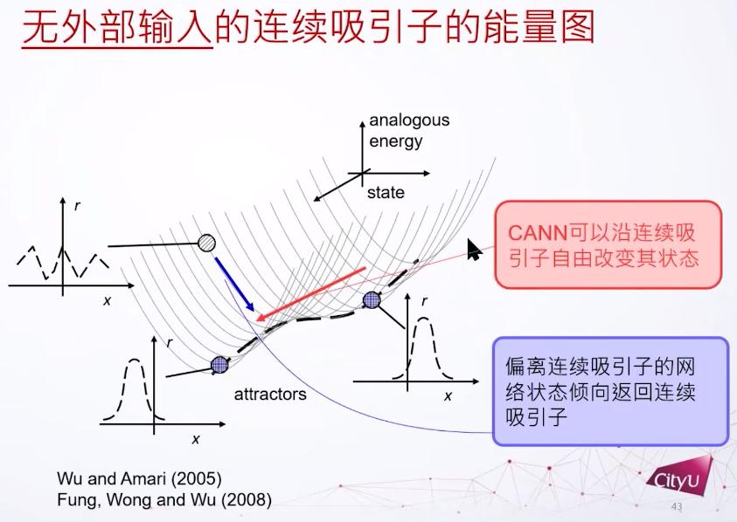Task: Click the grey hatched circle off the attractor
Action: click(206, 244)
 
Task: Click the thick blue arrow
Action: click(234, 284)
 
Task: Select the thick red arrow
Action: click(310, 294)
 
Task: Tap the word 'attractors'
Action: click(270, 395)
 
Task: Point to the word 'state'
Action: click(386, 192)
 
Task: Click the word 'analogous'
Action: click(409, 120)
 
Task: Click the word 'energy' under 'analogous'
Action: click(396, 141)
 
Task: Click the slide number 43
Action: click(677, 506)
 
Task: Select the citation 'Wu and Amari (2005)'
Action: click(139, 479)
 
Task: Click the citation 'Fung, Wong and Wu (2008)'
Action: click(164, 500)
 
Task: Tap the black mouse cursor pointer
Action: click(474, 249)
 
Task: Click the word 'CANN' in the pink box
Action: click(538, 233)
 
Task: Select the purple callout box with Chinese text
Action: click(610, 391)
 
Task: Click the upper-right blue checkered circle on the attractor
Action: click(372, 299)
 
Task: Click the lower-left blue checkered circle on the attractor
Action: click(219, 364)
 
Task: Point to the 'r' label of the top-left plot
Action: click(77, 206)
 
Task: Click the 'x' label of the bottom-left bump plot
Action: click(196, 439)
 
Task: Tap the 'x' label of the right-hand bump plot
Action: click(448, 396)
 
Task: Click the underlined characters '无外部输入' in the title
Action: click(117, 28)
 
